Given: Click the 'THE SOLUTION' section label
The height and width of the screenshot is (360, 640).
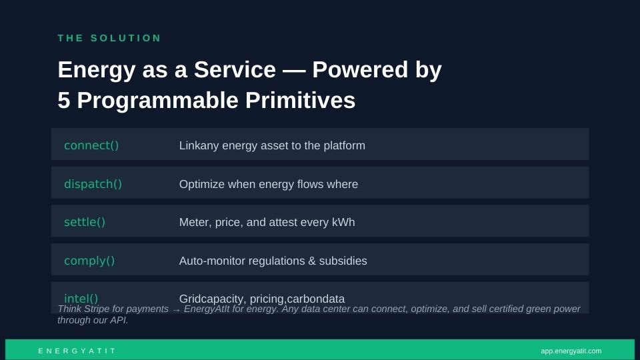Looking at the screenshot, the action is pyautogui.click(x=109, y=38).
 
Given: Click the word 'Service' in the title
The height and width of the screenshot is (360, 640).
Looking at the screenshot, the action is pyautogui.click(x=235, y=69).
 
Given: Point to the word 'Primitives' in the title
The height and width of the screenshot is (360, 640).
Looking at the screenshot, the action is pyautogui.click(x=300, y=100).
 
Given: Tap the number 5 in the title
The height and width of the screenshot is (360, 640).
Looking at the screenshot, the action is pyautogui.click(x=64, y=100).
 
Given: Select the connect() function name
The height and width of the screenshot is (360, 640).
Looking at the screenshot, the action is pyautogui.click(x=91, y=145).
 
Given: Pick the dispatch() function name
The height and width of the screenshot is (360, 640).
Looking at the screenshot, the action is pyautogui.click(x=93, y=184).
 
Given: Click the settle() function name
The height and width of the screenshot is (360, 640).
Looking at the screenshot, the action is pyautogui.click(x=85, y=222).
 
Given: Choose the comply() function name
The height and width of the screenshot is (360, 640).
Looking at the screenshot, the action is pyautogui.click(x=89, y=261).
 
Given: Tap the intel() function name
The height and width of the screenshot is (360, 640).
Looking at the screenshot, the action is pyautogui.click(x=81, y=299).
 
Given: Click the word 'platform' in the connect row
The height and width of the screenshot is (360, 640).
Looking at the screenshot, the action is pyautogui.click(x=344, y=146).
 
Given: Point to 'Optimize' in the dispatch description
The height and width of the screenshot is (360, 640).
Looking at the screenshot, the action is pyautogui.click(x=202, y=184).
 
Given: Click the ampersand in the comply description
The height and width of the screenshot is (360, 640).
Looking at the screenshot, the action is pyautogui.click(x=312, y=261).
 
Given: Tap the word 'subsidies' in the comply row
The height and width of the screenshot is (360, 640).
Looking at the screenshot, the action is pyautogui.click(x=343, y=261).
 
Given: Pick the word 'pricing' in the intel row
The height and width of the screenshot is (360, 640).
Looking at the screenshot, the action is pyautogui.click(x=267, y=299).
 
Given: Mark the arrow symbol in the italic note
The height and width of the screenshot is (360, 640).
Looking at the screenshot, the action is pyautogui.click(x=176, y=310).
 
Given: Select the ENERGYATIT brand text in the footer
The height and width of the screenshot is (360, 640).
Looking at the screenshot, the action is pyautogui.click(x=77, y=351).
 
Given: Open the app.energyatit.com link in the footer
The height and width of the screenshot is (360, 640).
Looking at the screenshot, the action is pyautogui.click(x=571, y=351).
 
